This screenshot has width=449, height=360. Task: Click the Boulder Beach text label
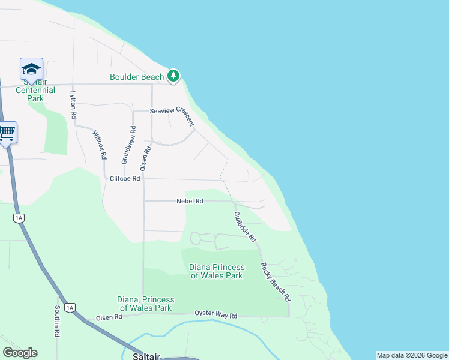pyautogui.click(x=137, y=77)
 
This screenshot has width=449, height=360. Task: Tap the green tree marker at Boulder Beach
pyautogui.click(x=173, y=75)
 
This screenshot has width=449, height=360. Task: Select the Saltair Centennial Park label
pyautogui.click(x=35, y=90)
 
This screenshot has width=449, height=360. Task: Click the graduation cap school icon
pyautogui.click(x=31, y=68)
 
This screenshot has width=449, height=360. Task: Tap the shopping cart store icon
pyautogui.click(x=7, y=132)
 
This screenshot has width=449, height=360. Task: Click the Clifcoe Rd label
pyautogui.click(x=125, y=178)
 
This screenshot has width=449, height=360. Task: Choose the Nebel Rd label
pyautogui.click(x=190, y=201)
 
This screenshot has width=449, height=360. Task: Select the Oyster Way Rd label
pyautogui.click(x=216, y=314)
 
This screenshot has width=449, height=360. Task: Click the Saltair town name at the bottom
pyautogui.click(x=146, y=356)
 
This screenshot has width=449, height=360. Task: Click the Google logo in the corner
pyautogui.click(x=20, y=353)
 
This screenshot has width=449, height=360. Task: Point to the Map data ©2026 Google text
pyautogui.click(x=412, y=355)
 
